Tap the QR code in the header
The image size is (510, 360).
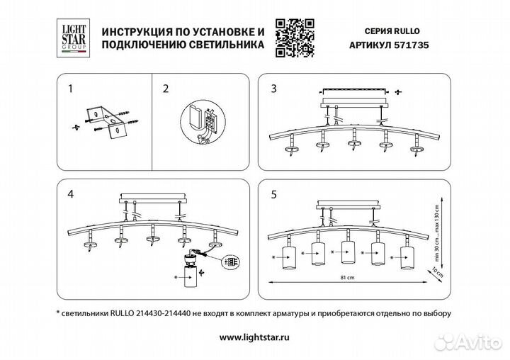[x=294, y=35]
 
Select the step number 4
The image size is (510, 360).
[x=69, y=193]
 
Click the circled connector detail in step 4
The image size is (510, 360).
[x=228, y=261]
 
